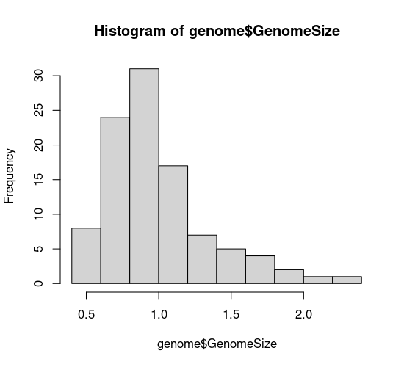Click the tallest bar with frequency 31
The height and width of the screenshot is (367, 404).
144,176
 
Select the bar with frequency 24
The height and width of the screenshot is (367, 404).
115,200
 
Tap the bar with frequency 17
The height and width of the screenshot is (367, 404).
173,225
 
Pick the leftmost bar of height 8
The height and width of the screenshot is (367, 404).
86,255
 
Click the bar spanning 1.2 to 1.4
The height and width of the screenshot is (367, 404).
202,259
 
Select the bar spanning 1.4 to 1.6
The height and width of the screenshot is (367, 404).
231,266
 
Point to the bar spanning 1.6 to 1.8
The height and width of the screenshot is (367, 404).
260,269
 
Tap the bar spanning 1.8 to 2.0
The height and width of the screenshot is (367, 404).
289,277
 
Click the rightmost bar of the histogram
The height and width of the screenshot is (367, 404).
347,280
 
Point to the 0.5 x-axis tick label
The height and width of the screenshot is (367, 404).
87,314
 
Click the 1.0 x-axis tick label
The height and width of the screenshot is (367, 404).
159,314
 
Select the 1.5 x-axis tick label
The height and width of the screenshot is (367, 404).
231,314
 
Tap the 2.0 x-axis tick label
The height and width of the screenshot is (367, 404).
303,314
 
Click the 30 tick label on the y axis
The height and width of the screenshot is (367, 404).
38,76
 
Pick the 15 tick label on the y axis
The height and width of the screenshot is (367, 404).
38,180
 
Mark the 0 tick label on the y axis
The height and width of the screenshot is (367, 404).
38,283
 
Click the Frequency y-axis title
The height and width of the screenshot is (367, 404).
10,176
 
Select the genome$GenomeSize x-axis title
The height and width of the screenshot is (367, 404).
217,344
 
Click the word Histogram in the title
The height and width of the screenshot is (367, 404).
129,31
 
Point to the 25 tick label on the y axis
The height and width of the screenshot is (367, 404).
38,110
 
